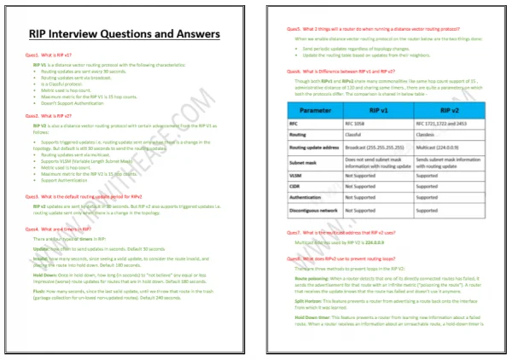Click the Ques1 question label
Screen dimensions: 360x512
coord(32,53)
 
